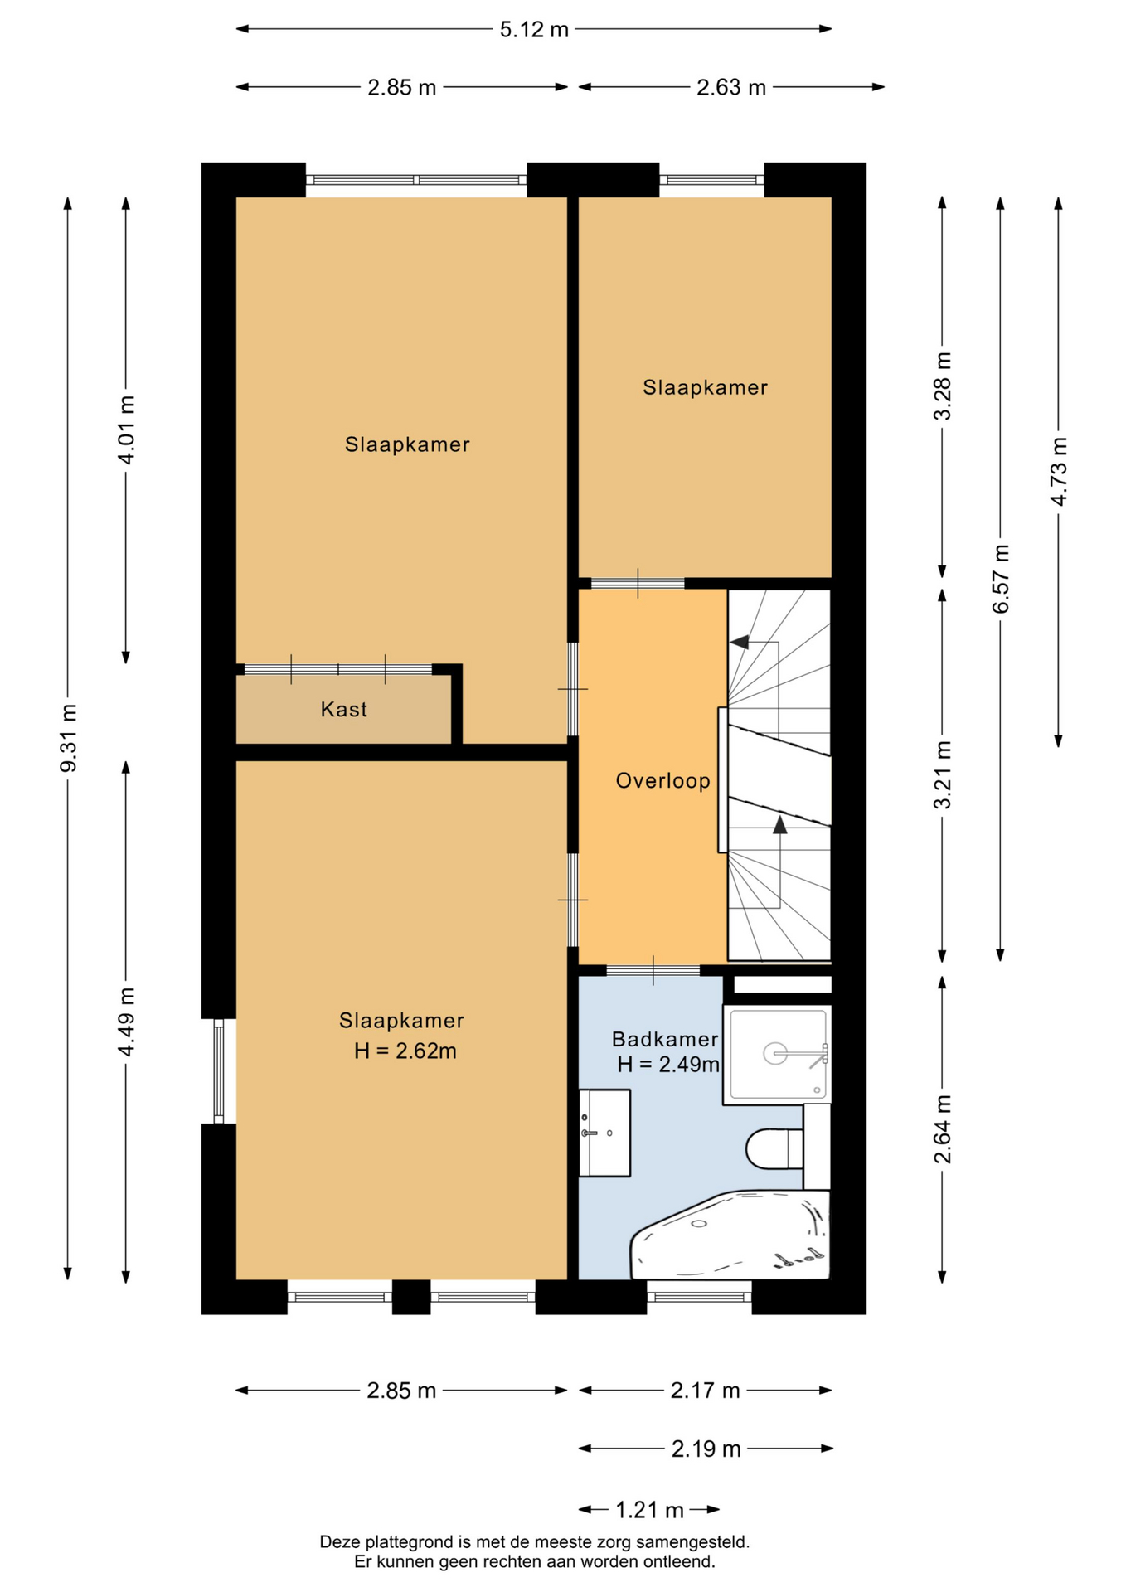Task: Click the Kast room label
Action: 343,709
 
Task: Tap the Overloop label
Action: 662,780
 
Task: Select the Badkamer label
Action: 665,1039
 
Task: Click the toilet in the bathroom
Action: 774,1148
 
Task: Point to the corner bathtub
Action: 730,1235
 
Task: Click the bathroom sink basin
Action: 604,1133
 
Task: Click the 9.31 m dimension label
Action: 69,738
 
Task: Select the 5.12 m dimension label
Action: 534,30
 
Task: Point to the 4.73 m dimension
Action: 1059,470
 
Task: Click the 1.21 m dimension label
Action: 649,1510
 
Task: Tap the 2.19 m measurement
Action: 706,1449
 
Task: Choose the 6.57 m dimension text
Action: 1001,579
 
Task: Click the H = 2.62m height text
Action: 405,1051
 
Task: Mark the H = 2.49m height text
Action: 668,1064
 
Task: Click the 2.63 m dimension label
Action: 731,87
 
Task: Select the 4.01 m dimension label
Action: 126,430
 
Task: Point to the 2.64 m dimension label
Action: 943,1128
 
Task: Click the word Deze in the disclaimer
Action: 339,1542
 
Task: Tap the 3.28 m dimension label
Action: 943,386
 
